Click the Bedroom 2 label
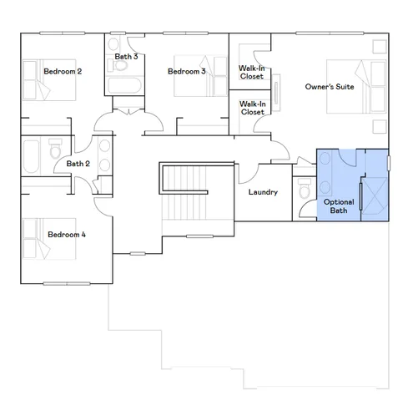tap(63, 72)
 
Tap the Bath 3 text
tap(126, 57)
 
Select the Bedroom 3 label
tap(186, 72)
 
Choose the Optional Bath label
tap(338, 206)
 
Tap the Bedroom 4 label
tap(67, 235)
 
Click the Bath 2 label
tap(78, 164)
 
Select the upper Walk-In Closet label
tap(252, 72)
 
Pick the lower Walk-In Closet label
tap(252, 108)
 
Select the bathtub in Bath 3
tap(126, 87)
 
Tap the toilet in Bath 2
tap(56, 151)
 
